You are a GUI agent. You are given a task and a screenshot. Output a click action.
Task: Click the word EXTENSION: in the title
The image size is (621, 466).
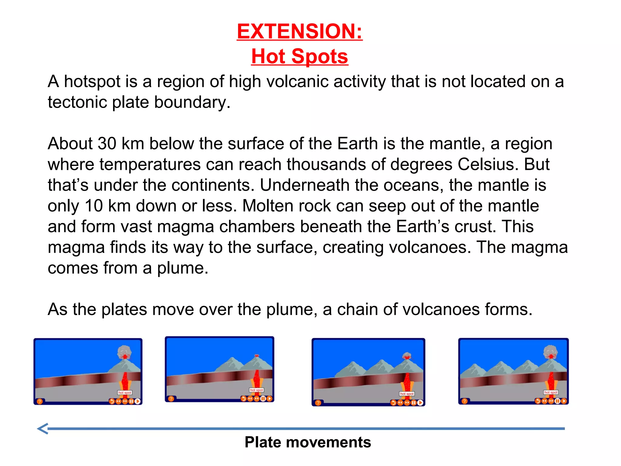tap(300, 32)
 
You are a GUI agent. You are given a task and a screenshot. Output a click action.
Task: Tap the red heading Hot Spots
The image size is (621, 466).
tap(300, 56)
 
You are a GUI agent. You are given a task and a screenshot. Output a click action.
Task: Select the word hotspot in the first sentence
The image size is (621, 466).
tap(92, 82)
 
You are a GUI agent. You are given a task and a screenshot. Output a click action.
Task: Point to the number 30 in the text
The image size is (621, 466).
tap(107, 144)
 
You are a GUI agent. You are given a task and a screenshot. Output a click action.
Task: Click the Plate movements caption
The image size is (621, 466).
tap(308, 442)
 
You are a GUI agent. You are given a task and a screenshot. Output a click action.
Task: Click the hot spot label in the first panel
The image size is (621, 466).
tap(125, 393)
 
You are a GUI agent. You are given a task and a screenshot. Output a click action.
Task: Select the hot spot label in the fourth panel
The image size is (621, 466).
tap(551, 392)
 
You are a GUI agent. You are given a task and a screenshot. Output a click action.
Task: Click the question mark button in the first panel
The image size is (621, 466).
tap(40, 401)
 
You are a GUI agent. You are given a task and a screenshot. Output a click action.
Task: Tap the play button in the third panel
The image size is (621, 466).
tap(420, 403)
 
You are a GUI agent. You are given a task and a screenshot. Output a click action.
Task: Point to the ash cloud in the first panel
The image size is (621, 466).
tap(125, 352)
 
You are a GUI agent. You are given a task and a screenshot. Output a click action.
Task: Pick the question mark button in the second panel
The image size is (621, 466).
tap(171, 399)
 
